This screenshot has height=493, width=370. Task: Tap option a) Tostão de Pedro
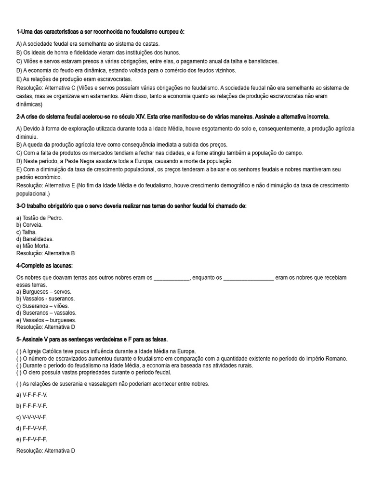40,218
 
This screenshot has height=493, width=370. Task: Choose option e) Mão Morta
33,246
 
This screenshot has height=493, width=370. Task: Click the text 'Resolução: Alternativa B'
45,253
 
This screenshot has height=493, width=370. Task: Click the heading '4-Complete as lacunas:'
44,266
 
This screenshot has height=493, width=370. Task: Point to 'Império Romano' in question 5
325,359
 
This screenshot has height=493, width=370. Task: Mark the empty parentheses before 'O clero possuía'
19,373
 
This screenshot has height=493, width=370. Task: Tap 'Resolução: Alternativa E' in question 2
45,186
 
